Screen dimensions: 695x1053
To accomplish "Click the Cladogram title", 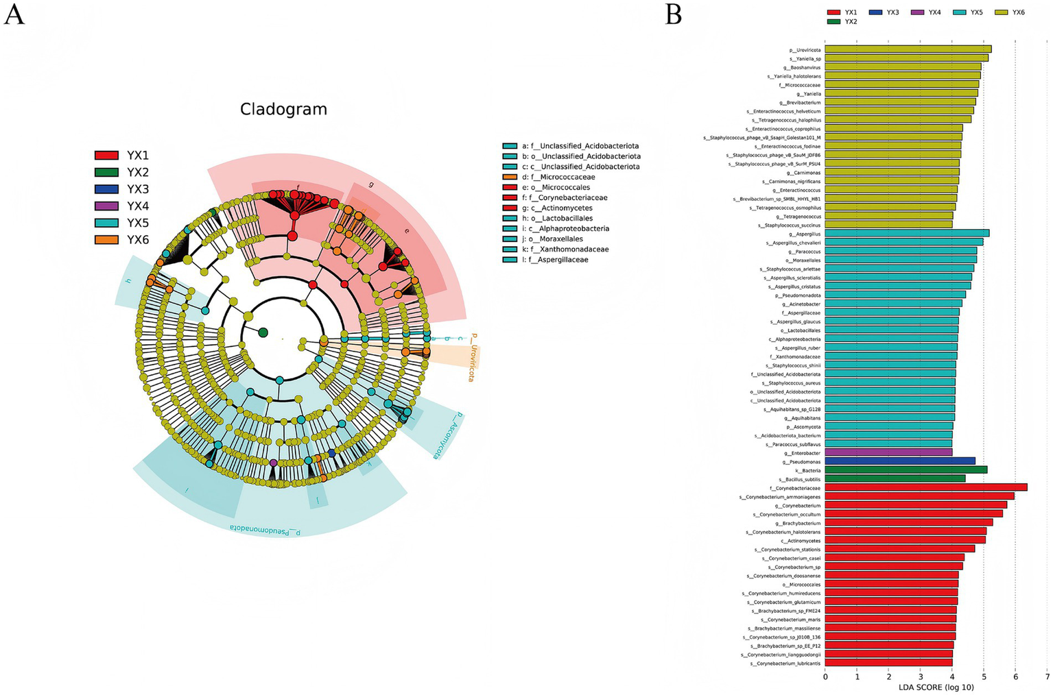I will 283,110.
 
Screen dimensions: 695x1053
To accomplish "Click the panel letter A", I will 14,14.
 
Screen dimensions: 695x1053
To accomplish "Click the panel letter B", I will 673,14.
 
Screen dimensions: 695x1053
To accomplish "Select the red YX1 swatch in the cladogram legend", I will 106,156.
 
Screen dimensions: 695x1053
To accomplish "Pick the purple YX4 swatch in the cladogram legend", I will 106,206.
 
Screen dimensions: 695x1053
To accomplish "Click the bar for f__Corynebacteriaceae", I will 925,487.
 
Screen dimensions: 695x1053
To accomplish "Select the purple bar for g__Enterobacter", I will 888,452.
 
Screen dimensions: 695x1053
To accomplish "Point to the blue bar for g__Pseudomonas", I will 899,461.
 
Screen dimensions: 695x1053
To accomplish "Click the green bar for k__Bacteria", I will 906,470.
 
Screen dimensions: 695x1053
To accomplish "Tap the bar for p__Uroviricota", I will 908,49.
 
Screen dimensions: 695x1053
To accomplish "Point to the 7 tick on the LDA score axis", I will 1047,676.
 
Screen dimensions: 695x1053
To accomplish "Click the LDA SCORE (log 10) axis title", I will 936,687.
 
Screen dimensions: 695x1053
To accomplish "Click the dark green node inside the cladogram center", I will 263,332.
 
